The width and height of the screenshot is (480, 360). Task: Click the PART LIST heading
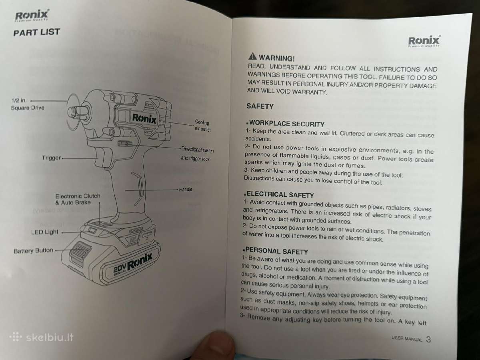tap(36, 32)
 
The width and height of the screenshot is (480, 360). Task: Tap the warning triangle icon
tap(252, 56)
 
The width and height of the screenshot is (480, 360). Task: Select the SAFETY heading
tap(260, 106)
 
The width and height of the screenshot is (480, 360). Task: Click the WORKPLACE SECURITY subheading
tap(285, 124)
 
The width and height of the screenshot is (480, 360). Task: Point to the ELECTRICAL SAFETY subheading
tap(279, 194)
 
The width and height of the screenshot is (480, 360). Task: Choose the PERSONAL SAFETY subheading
tap(275, 251)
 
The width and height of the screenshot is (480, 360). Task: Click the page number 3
tap(428, 339)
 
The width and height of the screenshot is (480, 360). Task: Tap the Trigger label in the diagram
tap(51, 158)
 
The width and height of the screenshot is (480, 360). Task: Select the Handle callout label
tap(186, 189)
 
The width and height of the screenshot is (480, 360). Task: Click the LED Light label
tap(45, 232)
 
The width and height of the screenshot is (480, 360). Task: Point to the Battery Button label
tap(33, 250)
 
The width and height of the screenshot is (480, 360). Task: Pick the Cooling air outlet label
tap(202, 126)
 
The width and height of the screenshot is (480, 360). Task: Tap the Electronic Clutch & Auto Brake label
tap(78, 199)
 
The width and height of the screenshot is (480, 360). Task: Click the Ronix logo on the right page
tap(424, 41)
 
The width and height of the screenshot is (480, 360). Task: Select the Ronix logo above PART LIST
tap(32, 15)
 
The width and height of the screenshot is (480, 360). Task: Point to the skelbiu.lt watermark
tap(42, 338)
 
